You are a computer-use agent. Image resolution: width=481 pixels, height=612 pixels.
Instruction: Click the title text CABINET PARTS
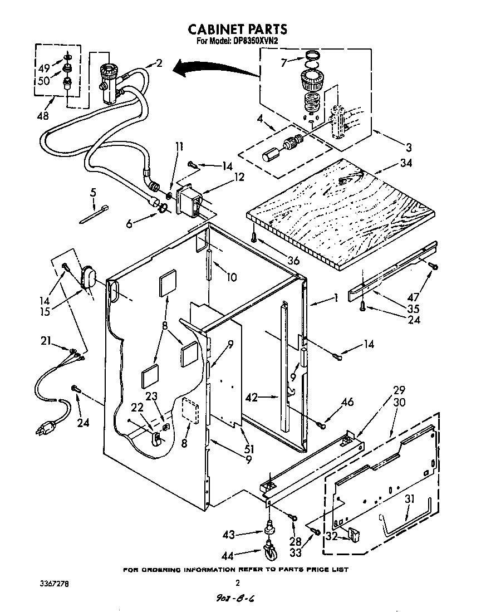click(x=237, y=29)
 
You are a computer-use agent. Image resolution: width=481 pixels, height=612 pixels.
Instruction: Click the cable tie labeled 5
click(x=94, y=214)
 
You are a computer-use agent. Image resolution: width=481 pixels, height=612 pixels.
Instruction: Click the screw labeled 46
click(x=321, y=425)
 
